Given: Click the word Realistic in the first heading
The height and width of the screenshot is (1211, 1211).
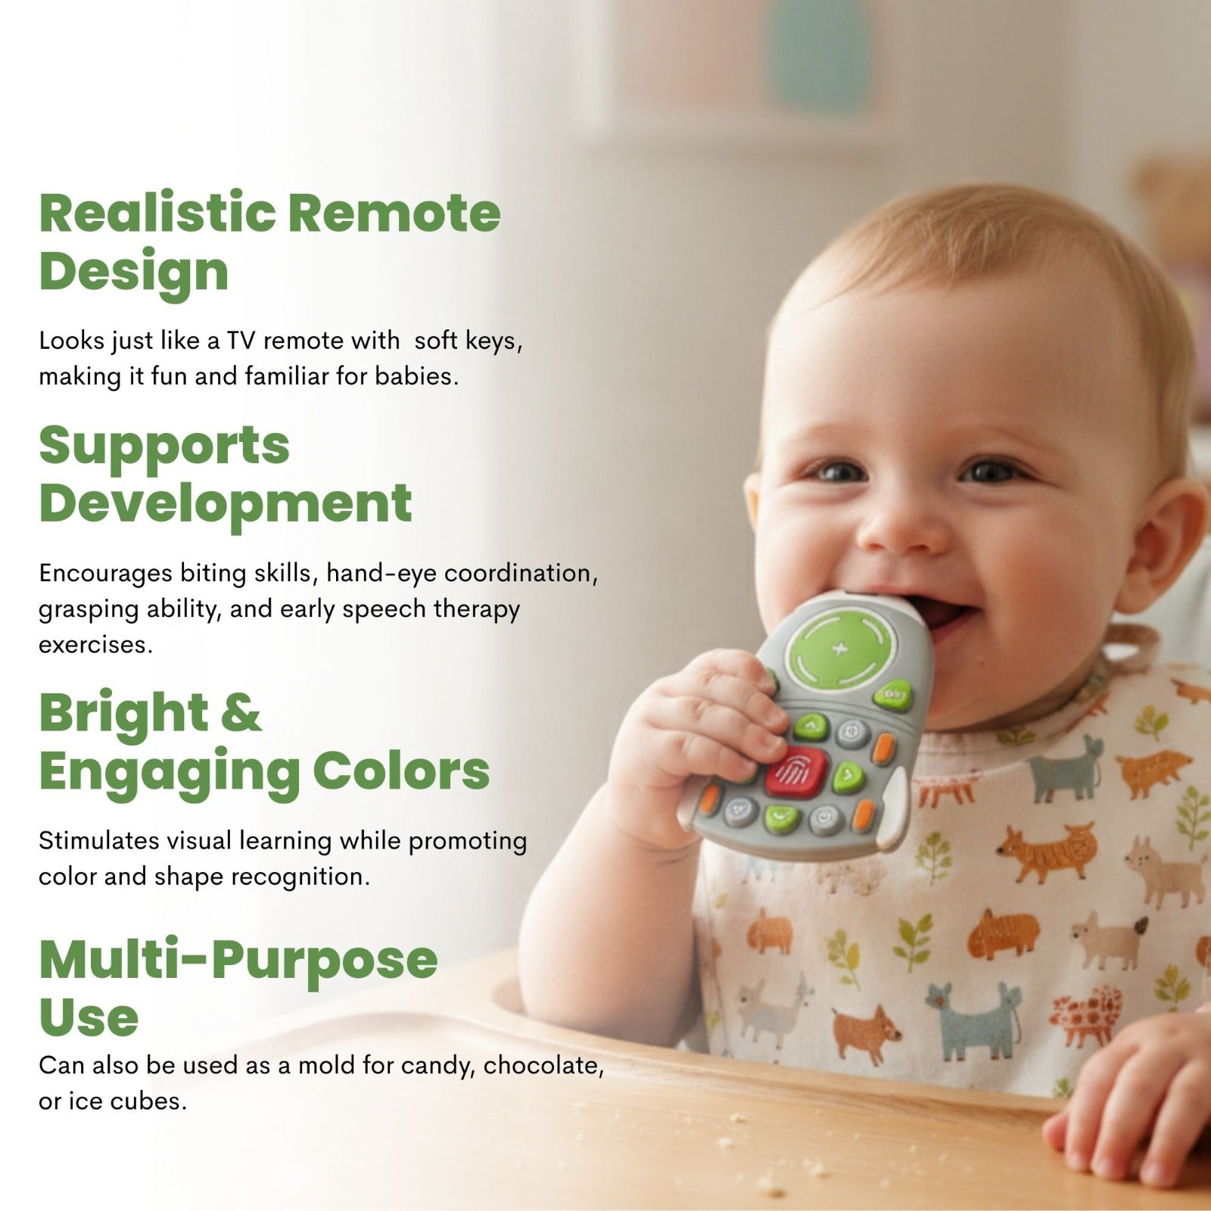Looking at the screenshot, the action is pyautogui.click(x=157, y=213).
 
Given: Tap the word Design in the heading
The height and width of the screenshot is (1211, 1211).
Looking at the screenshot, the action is pyautogui.click(x=134, y=272).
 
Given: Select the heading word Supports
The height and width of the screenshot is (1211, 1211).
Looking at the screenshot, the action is pyautogui.click(x=164, y=447).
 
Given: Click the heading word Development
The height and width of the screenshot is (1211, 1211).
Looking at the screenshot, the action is pyautogui.click(x=226, y=503).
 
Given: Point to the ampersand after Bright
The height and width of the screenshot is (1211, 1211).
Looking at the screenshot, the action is pyautogui.click(x=241, y=712).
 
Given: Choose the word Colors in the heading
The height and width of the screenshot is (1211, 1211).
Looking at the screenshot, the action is pyautogui.click(x=401, y=771).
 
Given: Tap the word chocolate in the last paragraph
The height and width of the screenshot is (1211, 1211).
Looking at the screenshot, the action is pyautogui.click(x=543, y=1066).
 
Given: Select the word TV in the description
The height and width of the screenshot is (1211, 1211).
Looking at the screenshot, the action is pyautogui.click(x=241, y=341).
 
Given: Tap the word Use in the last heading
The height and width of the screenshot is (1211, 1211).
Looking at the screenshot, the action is pyautogui.click(x=89, y=1018).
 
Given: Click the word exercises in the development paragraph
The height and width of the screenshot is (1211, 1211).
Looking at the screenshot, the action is pyautogui.click(x=95, y=646).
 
